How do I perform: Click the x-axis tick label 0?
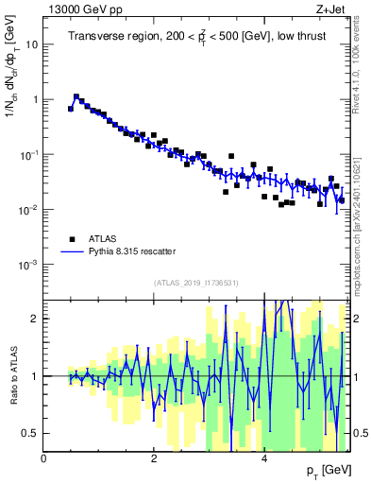click(x=44, y=458)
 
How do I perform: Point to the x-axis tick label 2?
click(x=154, y=458)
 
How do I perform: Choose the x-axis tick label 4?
click(x=263, y=458)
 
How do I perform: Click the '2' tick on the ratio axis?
click(x=36, y=319)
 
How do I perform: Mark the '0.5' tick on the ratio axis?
click(x=32, y=433)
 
